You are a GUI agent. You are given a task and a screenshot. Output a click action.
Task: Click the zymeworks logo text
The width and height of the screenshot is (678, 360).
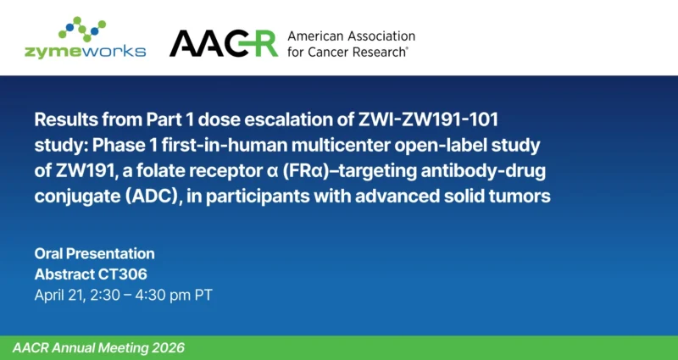pyautogui.click(x=85, y=50)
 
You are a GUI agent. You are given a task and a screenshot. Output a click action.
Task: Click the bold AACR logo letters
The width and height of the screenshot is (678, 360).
pyautogui.click(x=223, y=43)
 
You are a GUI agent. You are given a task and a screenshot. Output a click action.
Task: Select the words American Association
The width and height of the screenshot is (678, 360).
pyautogui.click(x=351, y=36)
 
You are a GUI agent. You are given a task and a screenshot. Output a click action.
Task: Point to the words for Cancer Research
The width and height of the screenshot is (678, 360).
pyautogui.click(x=347, y=52)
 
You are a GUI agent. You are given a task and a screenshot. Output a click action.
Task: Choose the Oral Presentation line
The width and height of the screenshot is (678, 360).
pyautogui.click(x=94, y=253)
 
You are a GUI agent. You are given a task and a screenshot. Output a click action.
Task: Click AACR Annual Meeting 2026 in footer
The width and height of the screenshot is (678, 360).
pyautogui.click(x=98, y=348)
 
